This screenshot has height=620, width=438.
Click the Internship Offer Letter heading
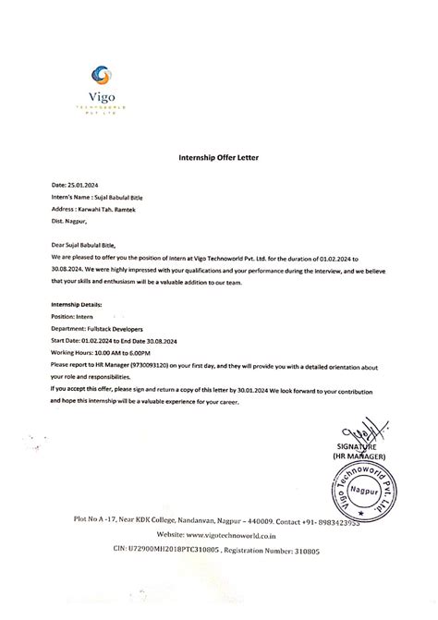[x=218, y=158]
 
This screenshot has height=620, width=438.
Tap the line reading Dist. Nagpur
[x=68, y=222]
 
